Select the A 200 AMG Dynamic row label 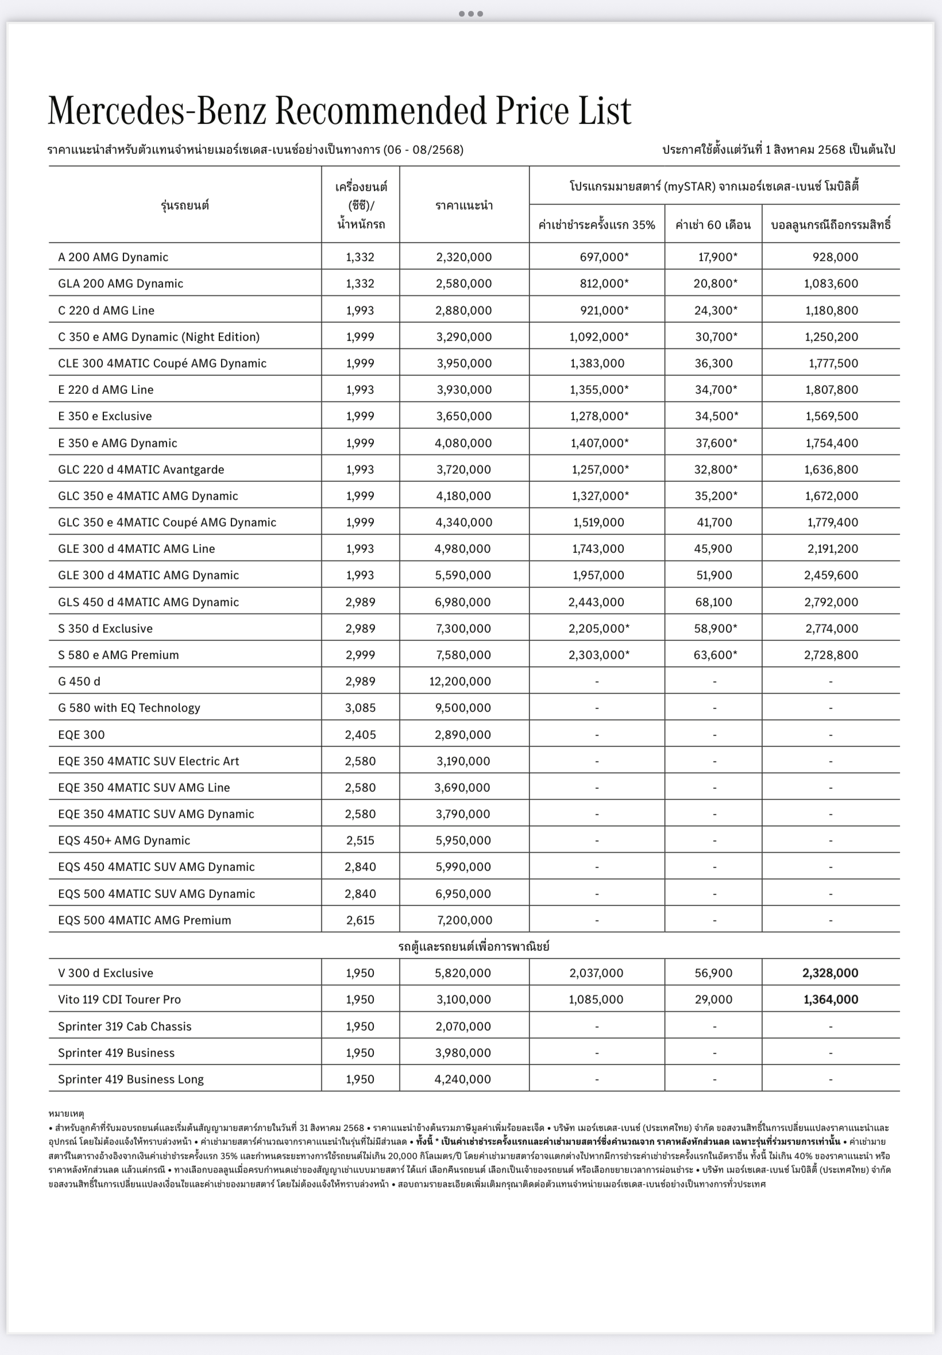(113, 257)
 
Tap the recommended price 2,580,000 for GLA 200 (464, 284)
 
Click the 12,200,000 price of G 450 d (460, 682)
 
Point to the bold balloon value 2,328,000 (830, 973)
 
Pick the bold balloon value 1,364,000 (831, 999)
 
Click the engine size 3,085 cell (360, 708)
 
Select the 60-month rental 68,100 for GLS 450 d (713, 602)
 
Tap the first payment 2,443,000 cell (596, 602)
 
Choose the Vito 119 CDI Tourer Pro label (119, 999)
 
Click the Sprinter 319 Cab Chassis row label (125, 1027)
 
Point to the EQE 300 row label (81, 734)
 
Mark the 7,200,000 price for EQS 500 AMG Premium (465, 920)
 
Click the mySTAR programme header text (713, 187)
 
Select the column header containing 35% (596, 224)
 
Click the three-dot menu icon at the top (470, 14)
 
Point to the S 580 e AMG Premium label (118, 655)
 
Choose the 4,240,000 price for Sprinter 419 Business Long (462, 1079)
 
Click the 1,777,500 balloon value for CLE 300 (833, 363)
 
